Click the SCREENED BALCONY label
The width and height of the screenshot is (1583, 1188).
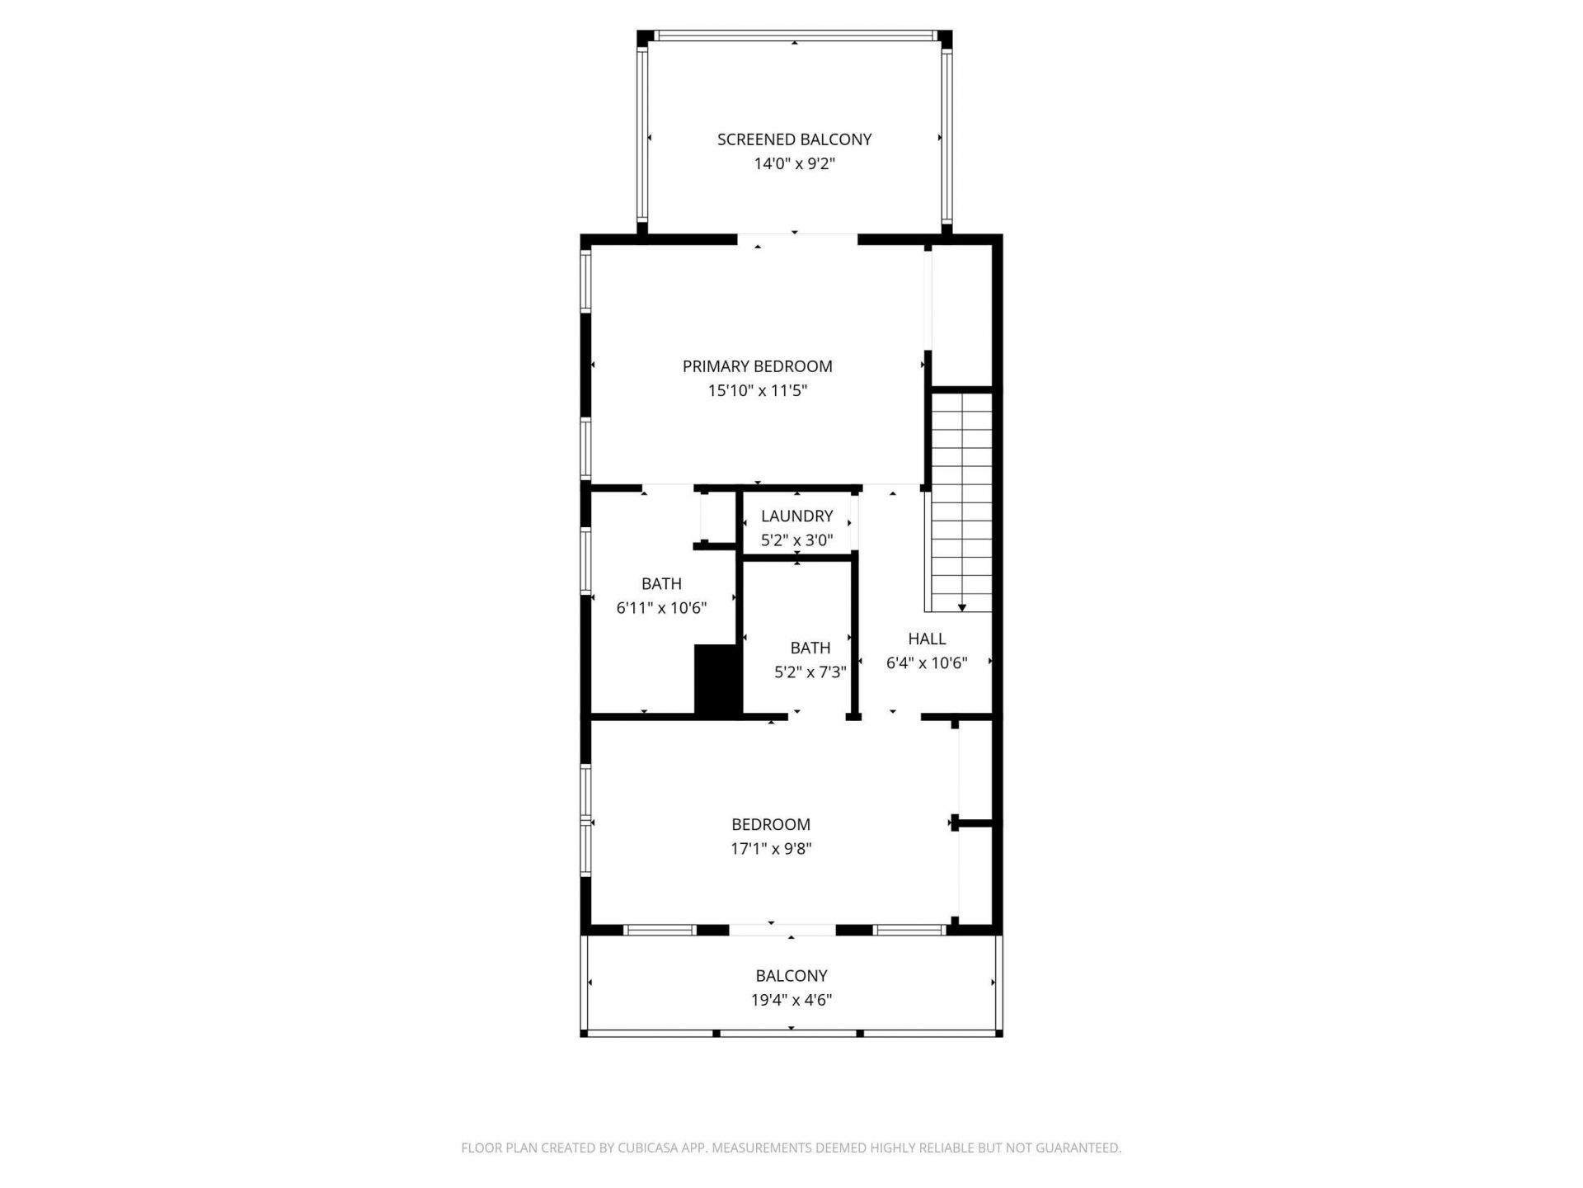click(x=794, y=139)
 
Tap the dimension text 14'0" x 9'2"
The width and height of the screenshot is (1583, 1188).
click(x=794, y=164)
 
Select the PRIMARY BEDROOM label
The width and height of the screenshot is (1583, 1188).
click(x=757, y=366)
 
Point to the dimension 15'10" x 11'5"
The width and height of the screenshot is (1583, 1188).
click(x=757, y=391)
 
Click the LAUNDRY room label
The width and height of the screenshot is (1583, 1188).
click(x=796, y=516)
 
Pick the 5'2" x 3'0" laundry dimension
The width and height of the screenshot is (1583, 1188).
click(x=796, y=541)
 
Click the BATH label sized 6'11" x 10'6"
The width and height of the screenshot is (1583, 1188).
click(x=661, y=584)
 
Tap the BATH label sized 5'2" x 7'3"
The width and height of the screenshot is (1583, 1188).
click(x=810, y=648)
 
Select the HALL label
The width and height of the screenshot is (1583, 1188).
click(x=927, y=639)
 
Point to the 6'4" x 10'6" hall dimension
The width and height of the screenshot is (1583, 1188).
click(x=927, y=663)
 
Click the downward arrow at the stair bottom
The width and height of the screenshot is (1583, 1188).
click(x=962, y=607)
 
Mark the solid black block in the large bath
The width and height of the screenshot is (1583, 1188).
click(x=717, y=679)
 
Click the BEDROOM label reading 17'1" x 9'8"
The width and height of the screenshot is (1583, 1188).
click(x=771, y=825)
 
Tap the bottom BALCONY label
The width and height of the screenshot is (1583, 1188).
click(x=791, y=976)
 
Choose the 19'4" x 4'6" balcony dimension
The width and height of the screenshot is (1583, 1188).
click(x=791, y=1001)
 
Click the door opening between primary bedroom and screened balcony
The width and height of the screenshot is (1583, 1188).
click(x=796, y=239)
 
